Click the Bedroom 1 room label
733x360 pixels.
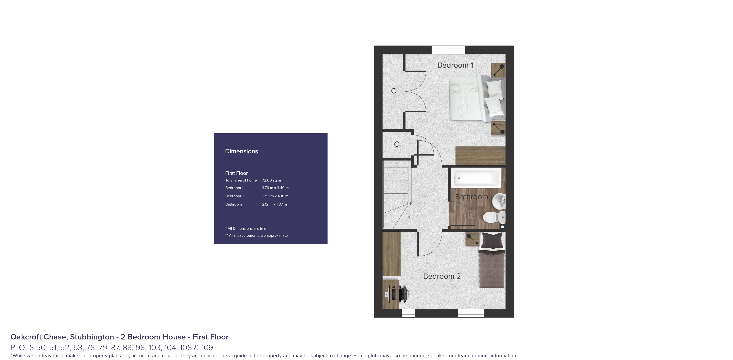455,65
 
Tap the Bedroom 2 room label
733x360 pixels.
442,276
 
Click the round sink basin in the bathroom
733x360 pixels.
499,201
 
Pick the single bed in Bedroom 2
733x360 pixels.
492,265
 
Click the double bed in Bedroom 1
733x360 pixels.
477,98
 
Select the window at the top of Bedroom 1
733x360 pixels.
448,50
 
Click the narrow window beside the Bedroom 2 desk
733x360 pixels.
408,313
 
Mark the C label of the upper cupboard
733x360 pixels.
393,91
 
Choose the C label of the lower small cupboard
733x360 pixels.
396,144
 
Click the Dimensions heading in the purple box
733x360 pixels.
241,151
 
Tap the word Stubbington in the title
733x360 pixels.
92,337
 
